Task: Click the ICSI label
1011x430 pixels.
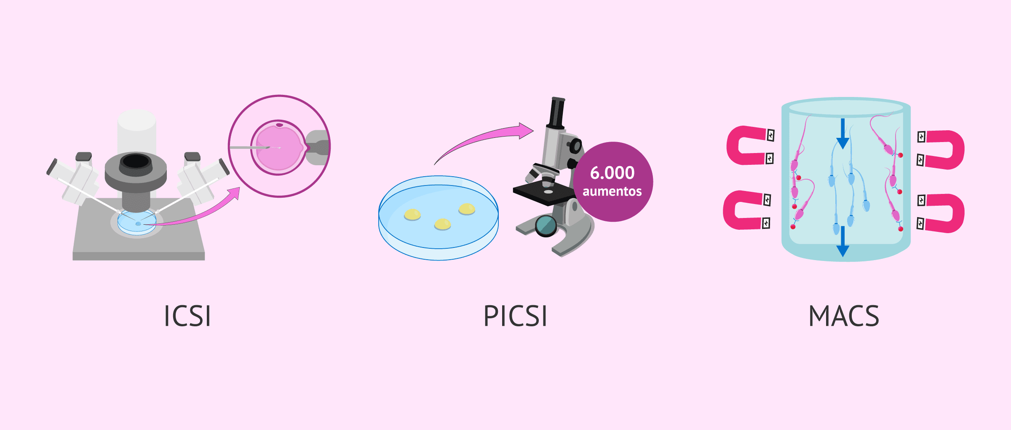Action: click(x=187, y=316)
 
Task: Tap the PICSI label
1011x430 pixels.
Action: click(x=515, y=316)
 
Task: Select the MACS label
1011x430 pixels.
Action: click(x=844, y=316)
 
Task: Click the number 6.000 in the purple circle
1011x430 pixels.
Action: click(x=612, y=173)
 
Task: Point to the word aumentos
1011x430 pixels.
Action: click(x=612, y=191)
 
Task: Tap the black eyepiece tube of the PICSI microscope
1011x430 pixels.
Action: click(x=557, y=112)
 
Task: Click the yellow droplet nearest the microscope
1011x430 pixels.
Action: click(x=467, y=209)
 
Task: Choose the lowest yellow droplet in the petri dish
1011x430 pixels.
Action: click(x=442, y=224)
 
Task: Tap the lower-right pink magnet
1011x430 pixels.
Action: click(x=944, y=213)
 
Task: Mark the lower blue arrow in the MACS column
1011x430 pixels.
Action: click(x=842, y=242)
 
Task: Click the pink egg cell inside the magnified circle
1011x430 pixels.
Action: click(x=278, y=148)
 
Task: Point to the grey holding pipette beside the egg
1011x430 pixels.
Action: click(x=318, y=148)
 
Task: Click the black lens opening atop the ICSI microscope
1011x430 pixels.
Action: click(x=136, y=161)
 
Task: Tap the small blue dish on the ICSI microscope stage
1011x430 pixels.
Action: click(x=137, y=223)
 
